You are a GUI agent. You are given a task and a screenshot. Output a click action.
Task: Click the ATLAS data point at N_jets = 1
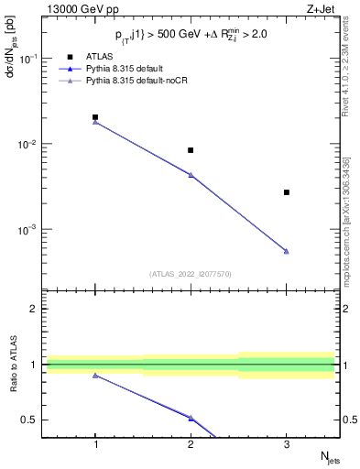(x=95, y=117)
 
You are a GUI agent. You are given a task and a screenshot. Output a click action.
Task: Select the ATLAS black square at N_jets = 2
(x=191, y=150)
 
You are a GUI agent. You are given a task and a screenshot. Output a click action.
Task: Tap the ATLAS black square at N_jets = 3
(x=286, y=192)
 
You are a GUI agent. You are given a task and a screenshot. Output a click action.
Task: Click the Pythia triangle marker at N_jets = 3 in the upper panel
(x=286, y=251)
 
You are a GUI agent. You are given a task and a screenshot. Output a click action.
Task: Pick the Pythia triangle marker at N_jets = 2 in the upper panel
(x=191, y=175)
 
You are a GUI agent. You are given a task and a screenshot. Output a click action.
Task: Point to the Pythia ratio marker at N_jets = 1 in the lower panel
(x=95, y=376)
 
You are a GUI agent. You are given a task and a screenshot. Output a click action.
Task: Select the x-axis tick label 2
(x=191, y=444)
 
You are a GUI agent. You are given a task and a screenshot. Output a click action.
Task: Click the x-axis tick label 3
(x=286, y=444)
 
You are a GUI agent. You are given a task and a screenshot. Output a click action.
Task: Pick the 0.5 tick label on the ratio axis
(x=33, y=420)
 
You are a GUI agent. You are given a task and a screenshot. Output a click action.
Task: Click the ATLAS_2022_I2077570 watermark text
(x=191, y=274)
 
